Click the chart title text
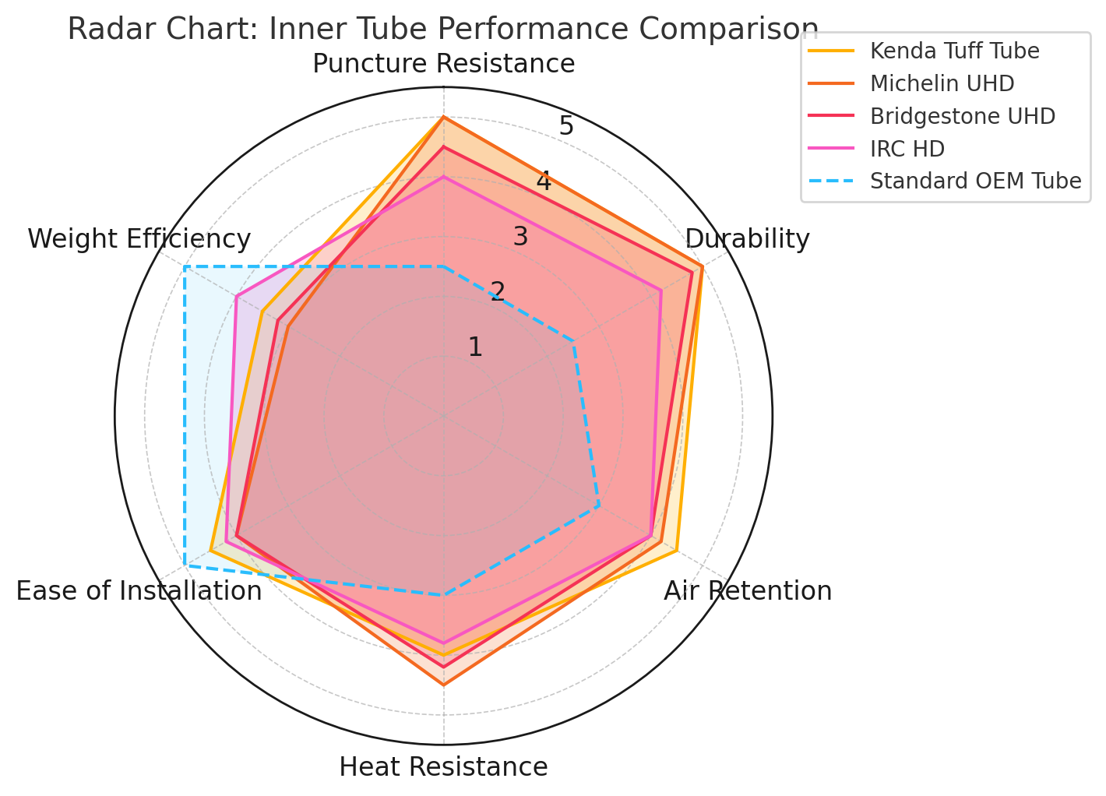pyautogui.click(x=442, y=30)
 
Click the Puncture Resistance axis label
pyautogui.click(x=443, y=64)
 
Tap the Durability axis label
pyautogui.click(x=747, y=239)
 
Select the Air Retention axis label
pyautogui.click(x=747, y=591)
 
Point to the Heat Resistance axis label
pyautogui.click(x=443, y=767)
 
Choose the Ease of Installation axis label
pyautogui.click(x=139, y=591)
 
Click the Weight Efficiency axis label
pyautogui.click(x=139, y=239)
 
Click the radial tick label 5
pyautogui.click(x=566, y=126)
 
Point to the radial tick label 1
pyautogui.click(x=475, y=347)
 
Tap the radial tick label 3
pyautogui.click(x=520, y=237)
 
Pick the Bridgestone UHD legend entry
pyautogui.click(x=962, y=116)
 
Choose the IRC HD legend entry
pyautogui.click(x=907, y=149)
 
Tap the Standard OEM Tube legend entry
pyautogui.click(x=975, y=181)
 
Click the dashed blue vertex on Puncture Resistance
pyautogui.click(x=443, y=267)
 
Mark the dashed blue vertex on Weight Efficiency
pyautogui.click(x=185, y=267)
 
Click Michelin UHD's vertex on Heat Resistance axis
pyautogui.click(x=443, y=685)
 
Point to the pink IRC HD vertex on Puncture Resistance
pyautogui.click(x=443, y=177)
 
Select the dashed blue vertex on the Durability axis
pyautogui.click(x=573, y=341)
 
